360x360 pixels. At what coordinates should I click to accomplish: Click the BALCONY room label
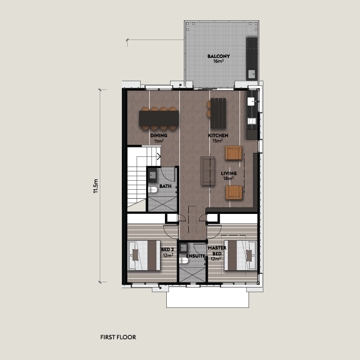click(x=218, y=56)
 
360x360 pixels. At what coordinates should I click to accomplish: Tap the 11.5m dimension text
click(x=96, y=186)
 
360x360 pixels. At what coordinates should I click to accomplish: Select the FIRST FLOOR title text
click(x=118, y=337)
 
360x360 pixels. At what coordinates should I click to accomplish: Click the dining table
click(x=159, y=118)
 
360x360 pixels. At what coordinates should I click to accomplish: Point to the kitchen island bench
click(x=218, y=113)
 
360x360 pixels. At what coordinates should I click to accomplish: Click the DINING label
click(x=159, y=135)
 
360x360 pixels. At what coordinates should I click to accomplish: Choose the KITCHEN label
click(x=218, y=135)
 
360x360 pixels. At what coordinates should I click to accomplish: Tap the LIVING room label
click(x=229, y=173)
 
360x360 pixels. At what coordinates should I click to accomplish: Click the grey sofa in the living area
click(x=208, y=171)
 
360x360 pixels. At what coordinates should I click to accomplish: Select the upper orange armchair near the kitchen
click(x=234, y=153)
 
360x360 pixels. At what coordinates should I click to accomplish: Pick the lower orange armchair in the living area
click(x=234, y=192)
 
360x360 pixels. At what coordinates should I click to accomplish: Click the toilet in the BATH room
click(x=153, y=190)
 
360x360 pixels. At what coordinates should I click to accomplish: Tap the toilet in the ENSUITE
click(x=184, y=260)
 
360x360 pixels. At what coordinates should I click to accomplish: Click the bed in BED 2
click(x=144, y=255)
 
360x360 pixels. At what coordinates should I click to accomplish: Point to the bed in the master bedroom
click(x=240, y=255)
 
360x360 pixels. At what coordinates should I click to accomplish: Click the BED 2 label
click(x=167, y=249)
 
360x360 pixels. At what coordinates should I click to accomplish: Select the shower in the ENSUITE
click(x=193, y=275)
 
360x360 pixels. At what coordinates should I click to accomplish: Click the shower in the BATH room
click(x=163, y=204)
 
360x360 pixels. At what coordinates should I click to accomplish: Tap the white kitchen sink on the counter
click(x=251, y=101)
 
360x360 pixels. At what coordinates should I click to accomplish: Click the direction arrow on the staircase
click(x=159, y=156)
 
